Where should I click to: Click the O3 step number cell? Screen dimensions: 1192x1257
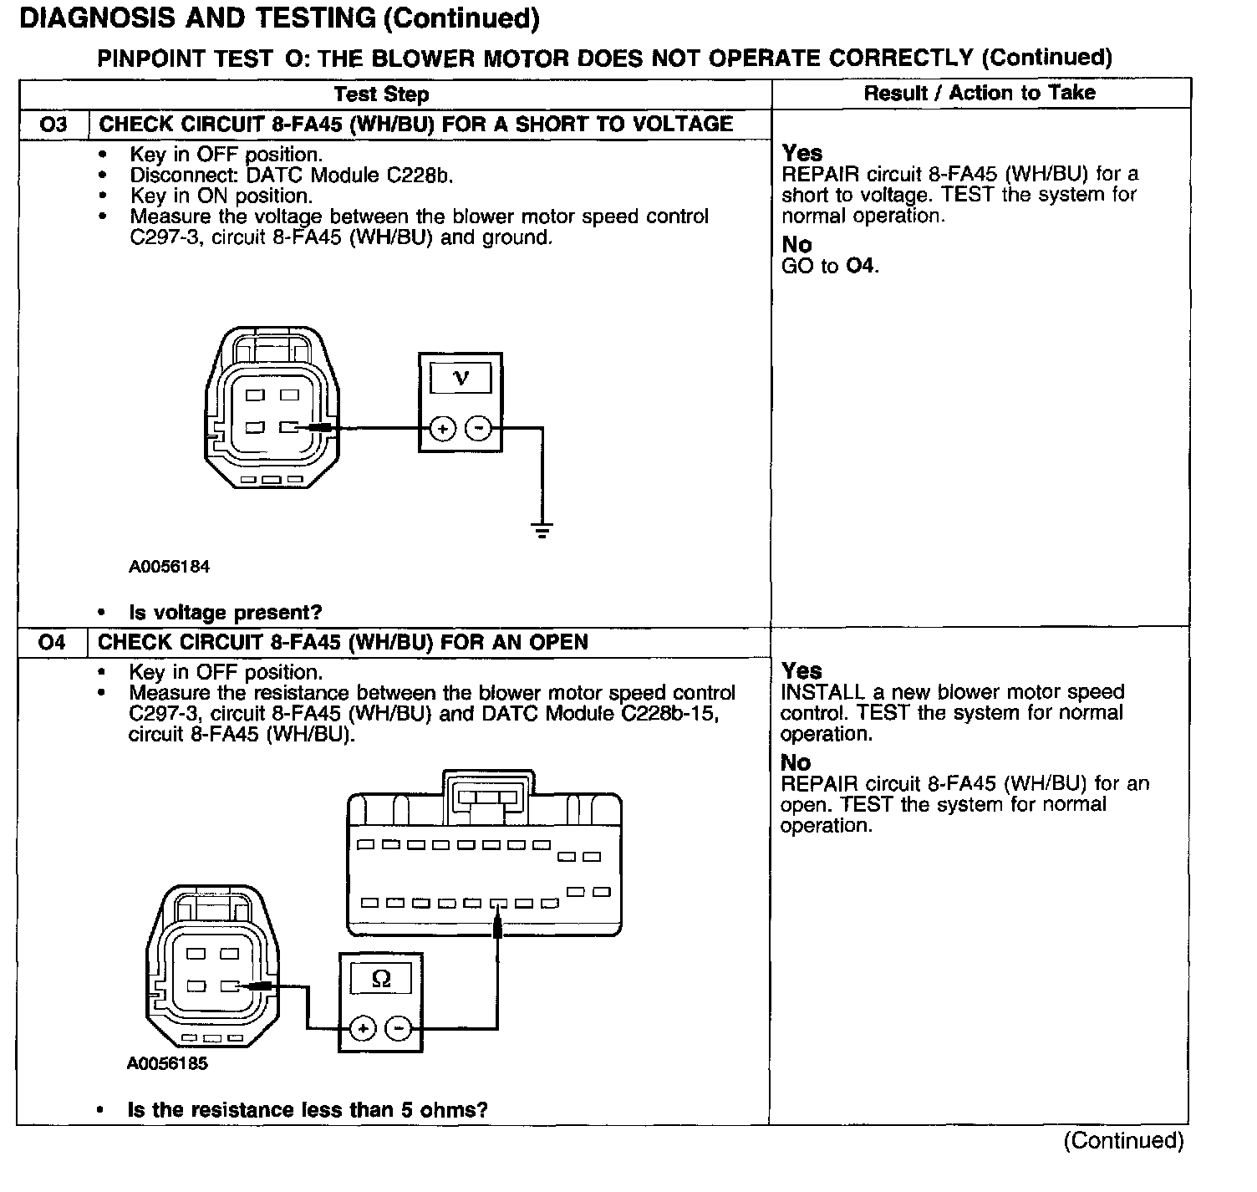click(x=53, y=125)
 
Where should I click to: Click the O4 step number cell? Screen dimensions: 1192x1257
click(x=52, y=642)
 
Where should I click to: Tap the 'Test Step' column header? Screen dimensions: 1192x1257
click(x=381, y=94)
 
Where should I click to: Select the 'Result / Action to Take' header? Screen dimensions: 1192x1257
click(x=980, y=93)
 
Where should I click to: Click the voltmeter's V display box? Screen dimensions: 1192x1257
click(x=461, y=379)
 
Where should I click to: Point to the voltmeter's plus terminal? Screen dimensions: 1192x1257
click(x=442, y=429)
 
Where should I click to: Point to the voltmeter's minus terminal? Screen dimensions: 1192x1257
click(x=478, y=429)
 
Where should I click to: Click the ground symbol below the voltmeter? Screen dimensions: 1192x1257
click(x=542, y=529)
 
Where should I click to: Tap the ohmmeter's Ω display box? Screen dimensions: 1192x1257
click(x=381, y=979)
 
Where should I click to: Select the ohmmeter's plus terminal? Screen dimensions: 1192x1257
click(x=363, y=1027)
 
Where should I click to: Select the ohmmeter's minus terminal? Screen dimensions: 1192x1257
click(x=399, y=1027)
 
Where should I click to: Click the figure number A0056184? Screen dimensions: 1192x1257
click(x=169, y=567)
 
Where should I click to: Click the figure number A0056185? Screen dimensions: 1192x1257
click(x=167, y=1064)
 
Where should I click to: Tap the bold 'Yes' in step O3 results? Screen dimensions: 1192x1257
click(x=802, y=153)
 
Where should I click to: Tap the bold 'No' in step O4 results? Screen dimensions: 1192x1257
click(x=796, y=762)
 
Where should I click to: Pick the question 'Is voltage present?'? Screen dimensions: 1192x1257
click(x=225, y=613)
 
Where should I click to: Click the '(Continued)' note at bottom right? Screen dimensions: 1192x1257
click(x=1123, y=1141)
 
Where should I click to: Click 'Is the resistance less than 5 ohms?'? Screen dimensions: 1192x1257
click(x=307, y=1110)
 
